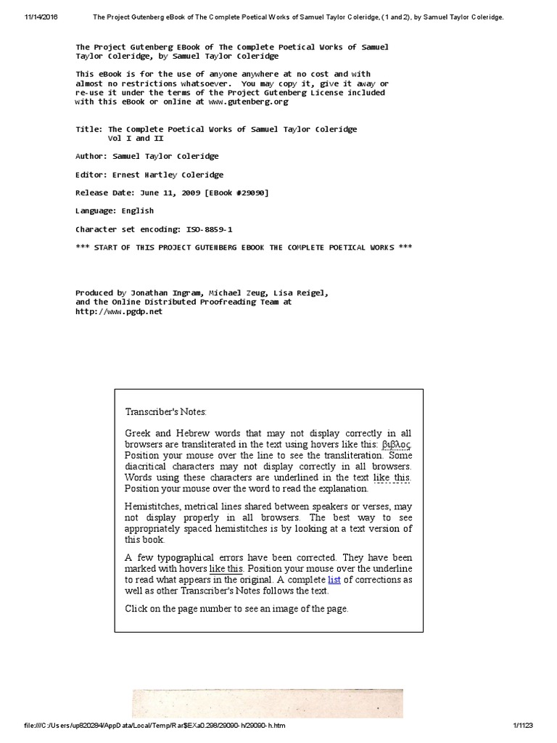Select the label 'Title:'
[89, 129]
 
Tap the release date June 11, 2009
[166, 192]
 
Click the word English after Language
[137, 210]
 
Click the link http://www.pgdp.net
[119, 311]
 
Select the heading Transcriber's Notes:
[165, 412]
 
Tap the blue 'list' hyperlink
[334, 579]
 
